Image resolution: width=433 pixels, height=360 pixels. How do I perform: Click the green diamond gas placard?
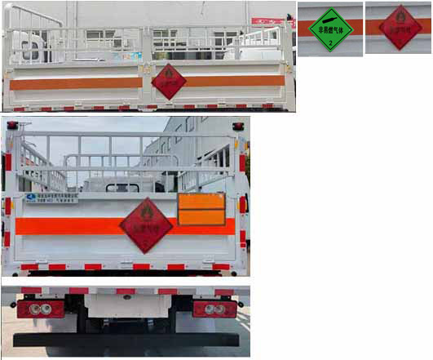[330, 29]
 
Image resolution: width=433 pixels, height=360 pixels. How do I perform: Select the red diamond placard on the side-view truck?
[168, 81]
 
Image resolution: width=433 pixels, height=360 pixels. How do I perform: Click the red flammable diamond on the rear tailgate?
[147, 224]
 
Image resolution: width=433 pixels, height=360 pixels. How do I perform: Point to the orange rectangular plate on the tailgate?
[201, 210]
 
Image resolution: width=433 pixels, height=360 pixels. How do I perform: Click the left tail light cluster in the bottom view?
[41, 309]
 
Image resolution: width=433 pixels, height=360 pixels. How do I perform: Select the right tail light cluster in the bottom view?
[214, 309]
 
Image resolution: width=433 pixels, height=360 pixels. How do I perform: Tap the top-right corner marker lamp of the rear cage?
[237, 126]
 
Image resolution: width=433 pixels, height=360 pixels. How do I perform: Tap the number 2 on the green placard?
[330, 46]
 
